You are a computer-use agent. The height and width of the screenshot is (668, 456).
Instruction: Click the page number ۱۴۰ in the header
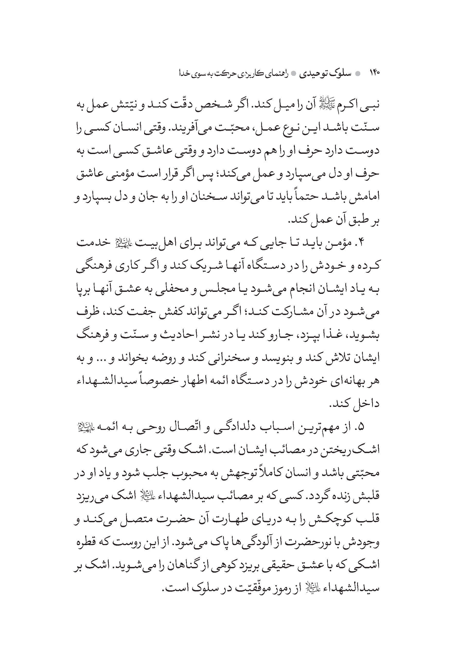[x=374, y=73]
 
